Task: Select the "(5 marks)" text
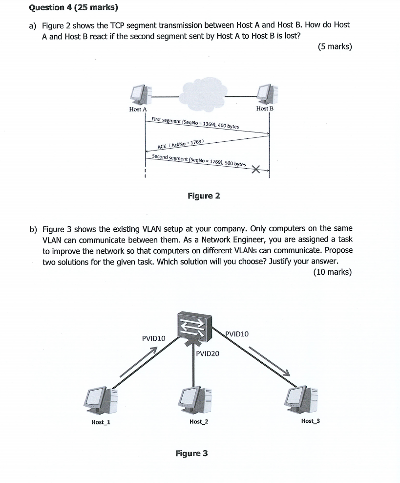(334, 47)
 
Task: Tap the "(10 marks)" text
(332, 272)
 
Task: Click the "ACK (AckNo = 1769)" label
(180, 144)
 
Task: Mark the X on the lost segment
(255, 170)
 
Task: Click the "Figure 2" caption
(204, 196)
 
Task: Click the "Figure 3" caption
(191, 453)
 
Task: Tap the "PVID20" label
(208, 353)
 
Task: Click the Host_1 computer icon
(101, 398)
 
